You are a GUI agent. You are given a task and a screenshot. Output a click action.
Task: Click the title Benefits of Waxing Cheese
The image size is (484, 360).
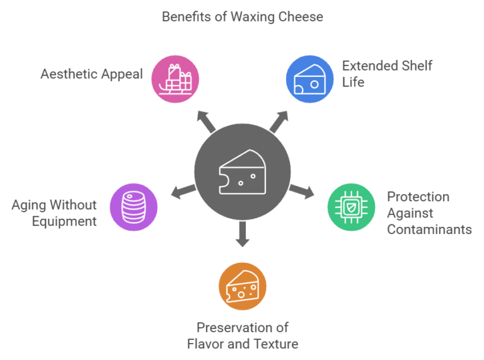[242, 17]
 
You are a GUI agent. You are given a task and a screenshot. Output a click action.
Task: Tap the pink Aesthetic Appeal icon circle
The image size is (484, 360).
[176, 79]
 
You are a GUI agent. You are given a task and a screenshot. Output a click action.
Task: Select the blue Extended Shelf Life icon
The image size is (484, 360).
[309, 79]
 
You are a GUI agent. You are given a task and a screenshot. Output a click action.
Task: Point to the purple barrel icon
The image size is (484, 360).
[133, 206]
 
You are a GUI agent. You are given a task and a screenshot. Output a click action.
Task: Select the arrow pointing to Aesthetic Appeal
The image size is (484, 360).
[205, 120]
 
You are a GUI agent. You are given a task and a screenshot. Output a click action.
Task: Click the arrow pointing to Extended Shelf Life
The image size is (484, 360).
[279, 120]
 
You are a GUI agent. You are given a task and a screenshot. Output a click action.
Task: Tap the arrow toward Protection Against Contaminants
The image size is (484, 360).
[301, 192]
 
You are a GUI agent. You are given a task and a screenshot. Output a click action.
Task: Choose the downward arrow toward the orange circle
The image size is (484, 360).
[242, 235]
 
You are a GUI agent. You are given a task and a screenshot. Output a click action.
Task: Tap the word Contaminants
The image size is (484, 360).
[429, 229]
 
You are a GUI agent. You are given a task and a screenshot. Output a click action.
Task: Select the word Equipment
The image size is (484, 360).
[66, 221]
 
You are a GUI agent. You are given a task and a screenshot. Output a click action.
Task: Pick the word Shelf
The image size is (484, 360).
[416, 66]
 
